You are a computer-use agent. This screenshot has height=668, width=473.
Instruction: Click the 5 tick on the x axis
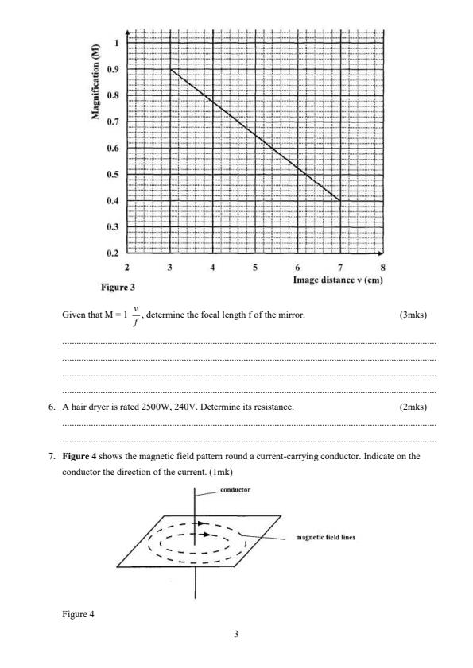255,267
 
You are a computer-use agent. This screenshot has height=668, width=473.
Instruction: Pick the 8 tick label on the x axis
383,267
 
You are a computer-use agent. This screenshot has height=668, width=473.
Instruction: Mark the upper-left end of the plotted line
171,70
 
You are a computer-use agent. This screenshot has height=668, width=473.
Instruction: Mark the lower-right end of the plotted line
341,201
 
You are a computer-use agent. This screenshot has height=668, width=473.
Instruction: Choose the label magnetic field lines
325,537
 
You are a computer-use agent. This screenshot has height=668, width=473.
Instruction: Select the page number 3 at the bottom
236,634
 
